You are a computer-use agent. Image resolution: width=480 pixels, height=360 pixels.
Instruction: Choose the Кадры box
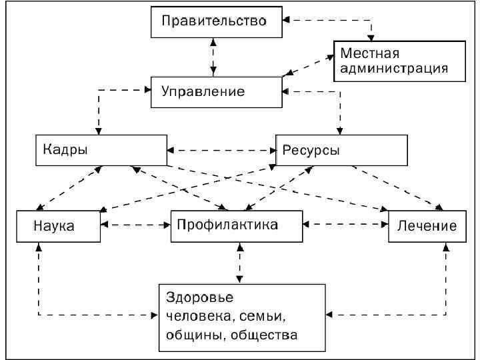[99, 150]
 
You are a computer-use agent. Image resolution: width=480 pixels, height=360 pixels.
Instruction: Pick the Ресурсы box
[341, 150]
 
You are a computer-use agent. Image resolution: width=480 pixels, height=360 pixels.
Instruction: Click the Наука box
[57, 226]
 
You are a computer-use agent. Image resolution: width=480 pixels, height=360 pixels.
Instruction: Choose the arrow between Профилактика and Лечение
[347, 225]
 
